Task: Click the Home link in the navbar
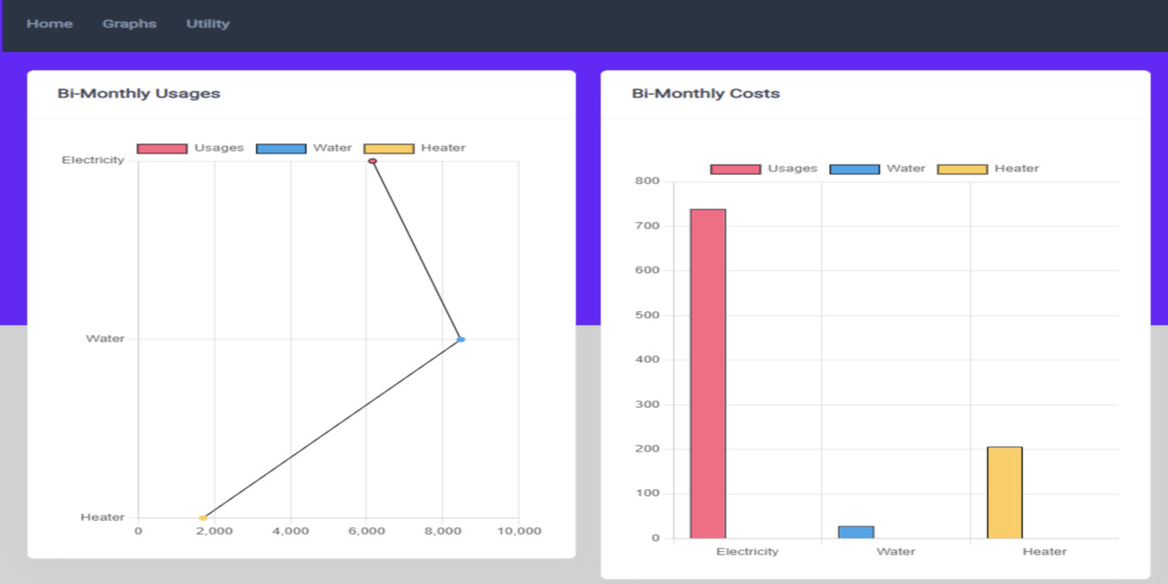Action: coord(49,24)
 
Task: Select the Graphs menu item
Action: coord(130,24)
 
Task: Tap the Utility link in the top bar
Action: coord(208,24)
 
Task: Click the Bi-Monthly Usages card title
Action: coord(139,93)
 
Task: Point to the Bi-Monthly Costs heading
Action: coord(705,93)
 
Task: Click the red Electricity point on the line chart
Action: coord(372,162)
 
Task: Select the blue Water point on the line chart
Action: coord(461,339)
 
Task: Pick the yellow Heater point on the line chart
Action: coord(203,517)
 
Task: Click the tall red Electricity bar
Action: coord(707,374)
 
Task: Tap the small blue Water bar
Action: coord(856,532)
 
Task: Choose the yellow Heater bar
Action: coord(1005,493)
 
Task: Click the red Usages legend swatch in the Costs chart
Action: coord(735,169)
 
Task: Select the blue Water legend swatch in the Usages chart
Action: coord(281,149)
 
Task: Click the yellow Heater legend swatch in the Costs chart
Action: coord(963,169)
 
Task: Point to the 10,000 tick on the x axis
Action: coord(518,531)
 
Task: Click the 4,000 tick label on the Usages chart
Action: coord(290,531)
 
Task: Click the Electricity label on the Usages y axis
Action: coord(93,161)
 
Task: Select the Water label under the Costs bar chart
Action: coord(895,551)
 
